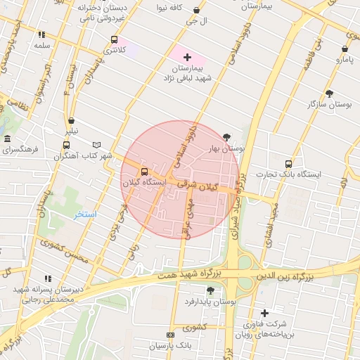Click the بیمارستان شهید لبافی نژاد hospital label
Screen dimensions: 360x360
(x=199, y=72)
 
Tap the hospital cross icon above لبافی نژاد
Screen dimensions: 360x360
(x=187, y=56)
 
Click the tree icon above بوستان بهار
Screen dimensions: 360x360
(x=226, y=137)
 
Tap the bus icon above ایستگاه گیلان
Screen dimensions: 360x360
(x=145, y=172)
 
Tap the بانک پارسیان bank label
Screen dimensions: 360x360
(x=170, y=346)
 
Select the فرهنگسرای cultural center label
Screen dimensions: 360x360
(x=20, y=150)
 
